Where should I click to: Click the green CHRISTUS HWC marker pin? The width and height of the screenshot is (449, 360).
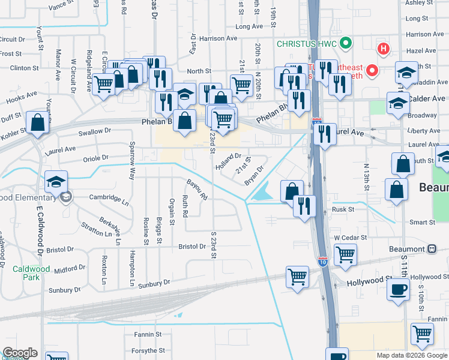pos(345,43)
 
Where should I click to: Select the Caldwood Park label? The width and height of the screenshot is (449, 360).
pos(31,273)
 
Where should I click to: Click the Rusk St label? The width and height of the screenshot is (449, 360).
pos(344,209)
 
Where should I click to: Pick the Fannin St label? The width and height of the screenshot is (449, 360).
pos(148,334)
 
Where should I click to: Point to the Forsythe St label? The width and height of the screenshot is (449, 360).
pos(148,350)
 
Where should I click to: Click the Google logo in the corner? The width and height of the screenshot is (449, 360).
pos(19,353)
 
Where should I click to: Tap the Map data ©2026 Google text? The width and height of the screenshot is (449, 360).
pos(412,355)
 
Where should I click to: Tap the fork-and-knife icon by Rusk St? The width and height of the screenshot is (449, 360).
pos(305,206)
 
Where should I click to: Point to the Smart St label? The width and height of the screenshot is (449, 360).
pos(422,223)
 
